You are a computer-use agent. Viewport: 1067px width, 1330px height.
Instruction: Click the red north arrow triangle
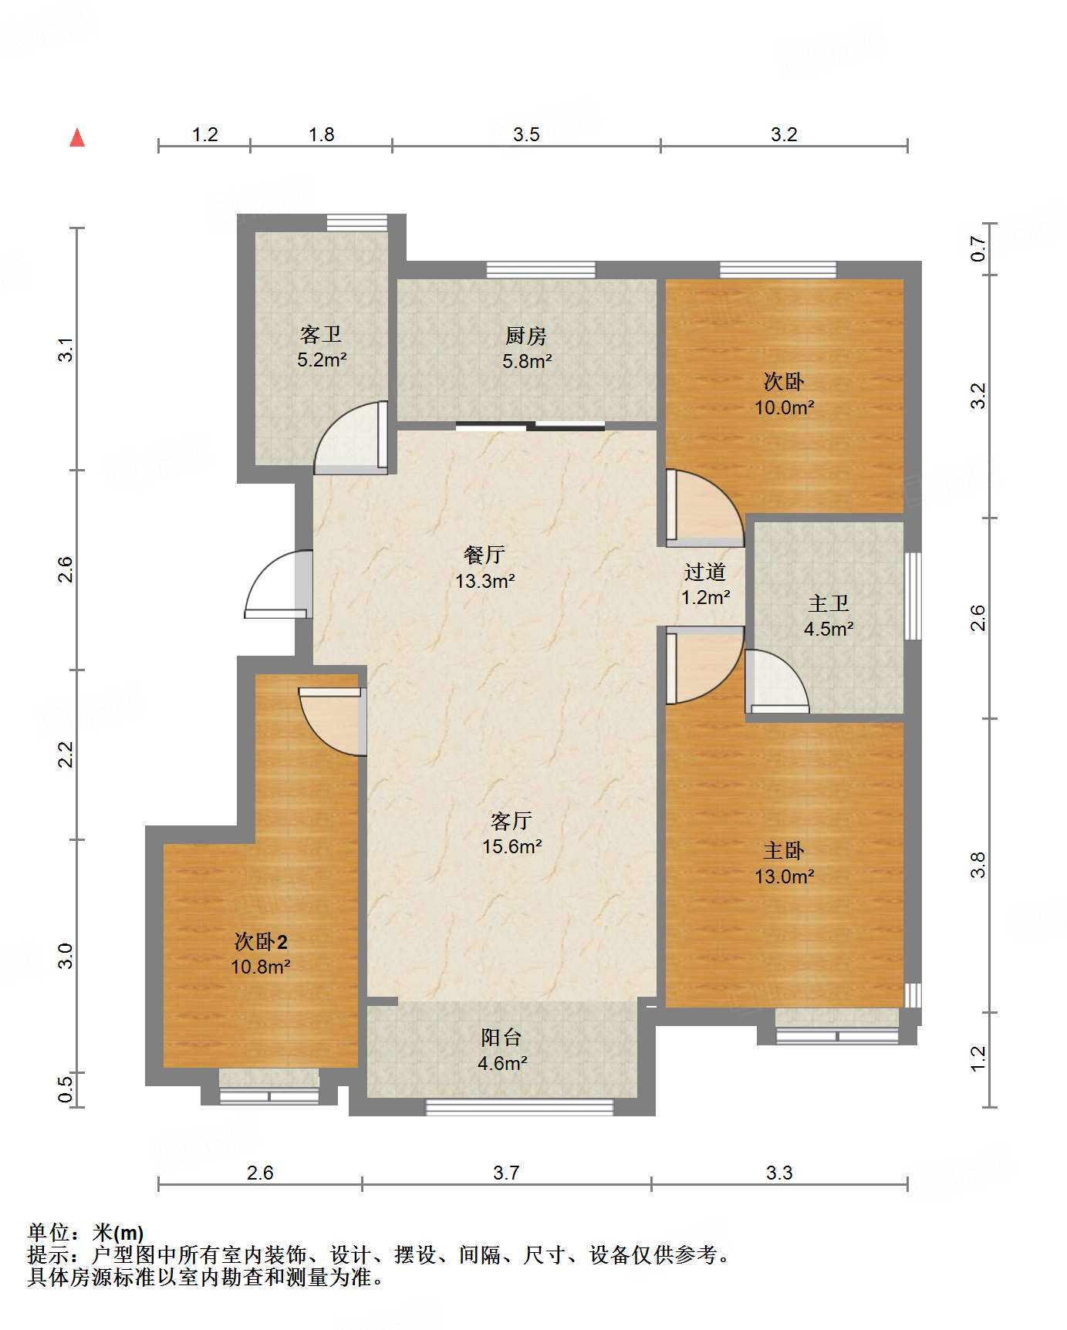point(77,138)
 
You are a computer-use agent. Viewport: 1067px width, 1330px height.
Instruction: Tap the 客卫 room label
point(320,334)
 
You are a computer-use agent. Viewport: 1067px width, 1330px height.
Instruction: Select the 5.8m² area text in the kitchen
point(527,361)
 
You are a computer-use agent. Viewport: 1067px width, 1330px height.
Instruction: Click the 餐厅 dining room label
point(485,555)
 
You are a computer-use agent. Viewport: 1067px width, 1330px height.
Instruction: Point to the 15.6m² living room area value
point(512,846)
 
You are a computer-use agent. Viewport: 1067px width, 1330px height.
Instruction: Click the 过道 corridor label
point(704,572)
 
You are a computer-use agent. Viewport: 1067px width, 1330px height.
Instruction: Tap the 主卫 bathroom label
point(828,603)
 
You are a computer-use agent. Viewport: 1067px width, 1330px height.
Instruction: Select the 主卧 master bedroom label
point(784,850)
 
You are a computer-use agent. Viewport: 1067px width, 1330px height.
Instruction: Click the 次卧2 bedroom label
point(261,941)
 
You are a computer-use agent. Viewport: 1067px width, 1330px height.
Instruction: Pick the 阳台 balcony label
point(501,1038)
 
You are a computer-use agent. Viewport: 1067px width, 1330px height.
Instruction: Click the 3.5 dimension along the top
point(526,135)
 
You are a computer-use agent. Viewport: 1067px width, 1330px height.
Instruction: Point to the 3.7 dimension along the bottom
point(506,1173)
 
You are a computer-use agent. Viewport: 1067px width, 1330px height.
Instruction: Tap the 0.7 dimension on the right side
point(978,248)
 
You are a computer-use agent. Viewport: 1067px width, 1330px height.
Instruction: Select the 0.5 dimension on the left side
point(66,1089)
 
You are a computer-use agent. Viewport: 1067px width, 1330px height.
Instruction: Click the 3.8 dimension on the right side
point(978,864)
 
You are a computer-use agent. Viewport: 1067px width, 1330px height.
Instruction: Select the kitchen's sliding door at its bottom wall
point(530,426)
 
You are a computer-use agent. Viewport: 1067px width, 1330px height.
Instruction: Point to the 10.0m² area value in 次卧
point(784,408)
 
